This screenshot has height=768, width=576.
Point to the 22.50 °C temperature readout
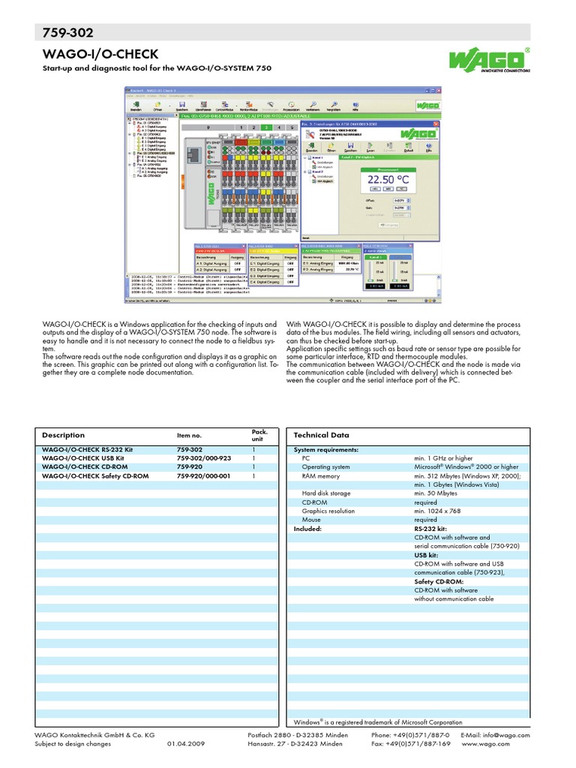(x=388, y=181)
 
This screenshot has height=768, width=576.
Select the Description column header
(x=63, y=435)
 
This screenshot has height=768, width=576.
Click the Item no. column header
(x=189, y=436)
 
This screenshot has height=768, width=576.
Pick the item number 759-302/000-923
(x=204, y=457)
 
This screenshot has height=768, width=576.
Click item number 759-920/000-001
(x=204, y=475)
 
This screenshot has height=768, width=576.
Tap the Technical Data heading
(x=321, y=435)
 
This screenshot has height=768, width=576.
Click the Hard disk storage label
(x=326, y=493)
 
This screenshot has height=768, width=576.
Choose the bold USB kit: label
(x=427, y=555)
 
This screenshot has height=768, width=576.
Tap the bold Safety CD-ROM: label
(x=439, y=581)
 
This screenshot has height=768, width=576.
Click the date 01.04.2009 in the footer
(x=185, y=744)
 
